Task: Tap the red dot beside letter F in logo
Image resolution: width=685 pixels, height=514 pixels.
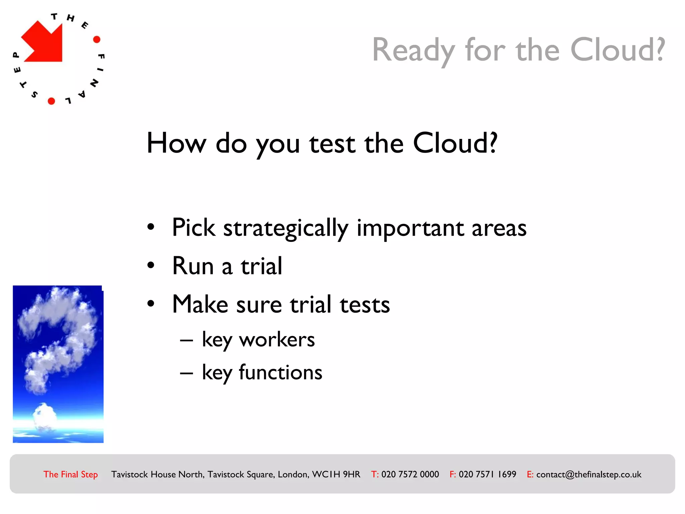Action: [97, 39]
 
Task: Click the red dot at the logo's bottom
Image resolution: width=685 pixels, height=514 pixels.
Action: [51, 101]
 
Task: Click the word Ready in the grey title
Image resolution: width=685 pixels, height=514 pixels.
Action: [413, 50]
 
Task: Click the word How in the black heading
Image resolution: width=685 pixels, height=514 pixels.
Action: [176, 143]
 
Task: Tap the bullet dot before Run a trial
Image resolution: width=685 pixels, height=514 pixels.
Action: [151, 265]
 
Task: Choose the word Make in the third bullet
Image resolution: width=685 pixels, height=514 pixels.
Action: [200, 305]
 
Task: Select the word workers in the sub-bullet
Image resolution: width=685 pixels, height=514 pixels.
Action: [277, 340]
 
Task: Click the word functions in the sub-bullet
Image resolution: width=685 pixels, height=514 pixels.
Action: [280, 372]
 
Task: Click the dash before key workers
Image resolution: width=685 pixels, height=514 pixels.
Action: [186, 341]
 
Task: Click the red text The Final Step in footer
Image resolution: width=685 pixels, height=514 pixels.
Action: [71, 475]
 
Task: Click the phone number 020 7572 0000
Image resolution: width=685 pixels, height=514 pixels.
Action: [410, 475]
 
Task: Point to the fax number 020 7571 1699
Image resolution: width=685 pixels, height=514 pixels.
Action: [487, 475]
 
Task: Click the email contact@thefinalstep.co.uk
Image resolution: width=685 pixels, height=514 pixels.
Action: [589, 475]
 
